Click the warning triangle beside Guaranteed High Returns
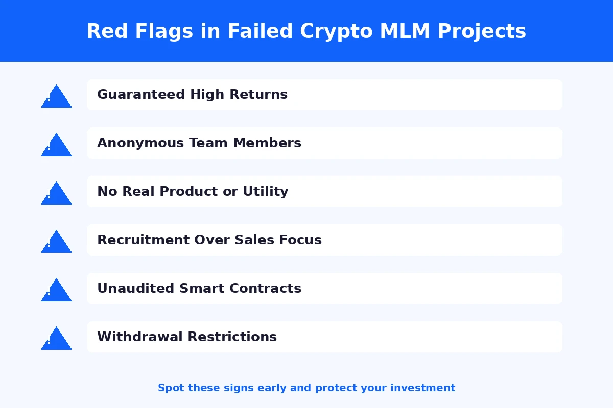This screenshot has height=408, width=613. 56,97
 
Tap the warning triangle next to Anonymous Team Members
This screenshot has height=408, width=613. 56,146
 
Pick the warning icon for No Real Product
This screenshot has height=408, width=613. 56,194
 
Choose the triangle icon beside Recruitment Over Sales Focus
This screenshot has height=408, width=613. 56,243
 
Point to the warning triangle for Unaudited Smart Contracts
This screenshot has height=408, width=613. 56,291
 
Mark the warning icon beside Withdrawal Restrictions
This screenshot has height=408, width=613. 56,340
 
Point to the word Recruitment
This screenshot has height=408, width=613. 143,240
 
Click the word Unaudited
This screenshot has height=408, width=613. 136,288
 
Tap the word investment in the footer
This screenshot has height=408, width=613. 422,388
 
